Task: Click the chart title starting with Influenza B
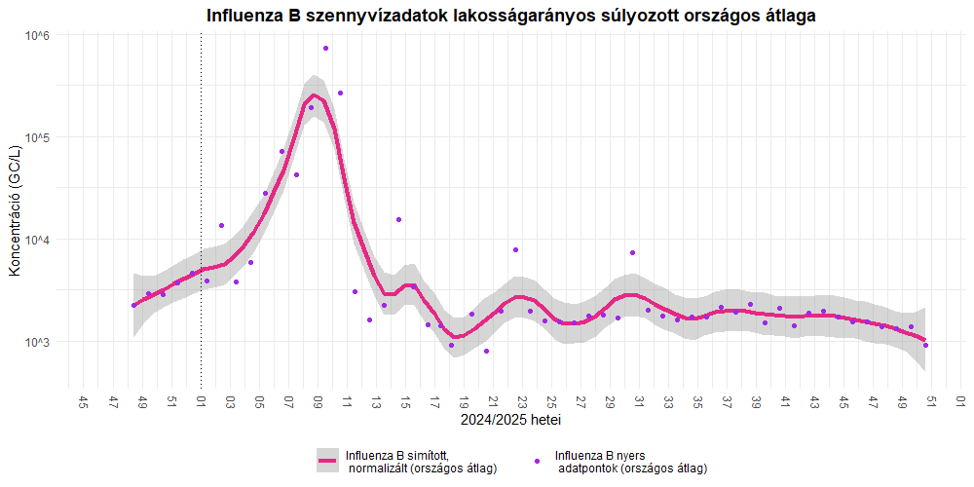[511, 16]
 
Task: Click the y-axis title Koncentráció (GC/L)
[14, 210]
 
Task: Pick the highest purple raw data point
[325, 48]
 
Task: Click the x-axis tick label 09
[318, 401]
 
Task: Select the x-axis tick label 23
[522, 401]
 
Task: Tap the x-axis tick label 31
[639, 401]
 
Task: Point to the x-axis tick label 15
[405, 401]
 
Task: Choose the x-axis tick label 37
[727, 401]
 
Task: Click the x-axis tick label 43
[814, 401]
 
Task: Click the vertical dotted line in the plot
[202, 195]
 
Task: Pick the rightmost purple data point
[925, 346]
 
